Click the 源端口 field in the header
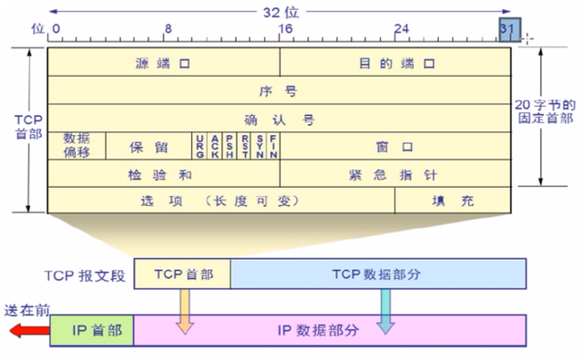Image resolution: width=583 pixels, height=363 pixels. click(163, 64)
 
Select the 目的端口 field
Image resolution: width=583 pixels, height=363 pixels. click(394, 64)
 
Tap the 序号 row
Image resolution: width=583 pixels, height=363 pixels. click(279, 91)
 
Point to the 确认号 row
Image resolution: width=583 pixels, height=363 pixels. click(279, 119)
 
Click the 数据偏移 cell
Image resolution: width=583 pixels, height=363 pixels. click(77, 145)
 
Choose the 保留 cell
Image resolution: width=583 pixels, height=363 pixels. click(148, 146)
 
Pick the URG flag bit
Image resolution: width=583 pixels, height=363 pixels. click(199, 146)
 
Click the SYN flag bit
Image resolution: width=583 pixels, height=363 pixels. click(259, 146)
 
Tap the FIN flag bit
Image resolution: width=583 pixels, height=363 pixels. click(272, 146)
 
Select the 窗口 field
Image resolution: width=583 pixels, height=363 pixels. click(394, 146)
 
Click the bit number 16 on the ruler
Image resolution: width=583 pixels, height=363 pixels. click(285, 29)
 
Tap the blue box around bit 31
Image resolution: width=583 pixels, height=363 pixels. click(509, 29)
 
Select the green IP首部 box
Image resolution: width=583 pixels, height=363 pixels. click(91, 328)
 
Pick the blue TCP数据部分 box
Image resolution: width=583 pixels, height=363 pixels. click(378, 274)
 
